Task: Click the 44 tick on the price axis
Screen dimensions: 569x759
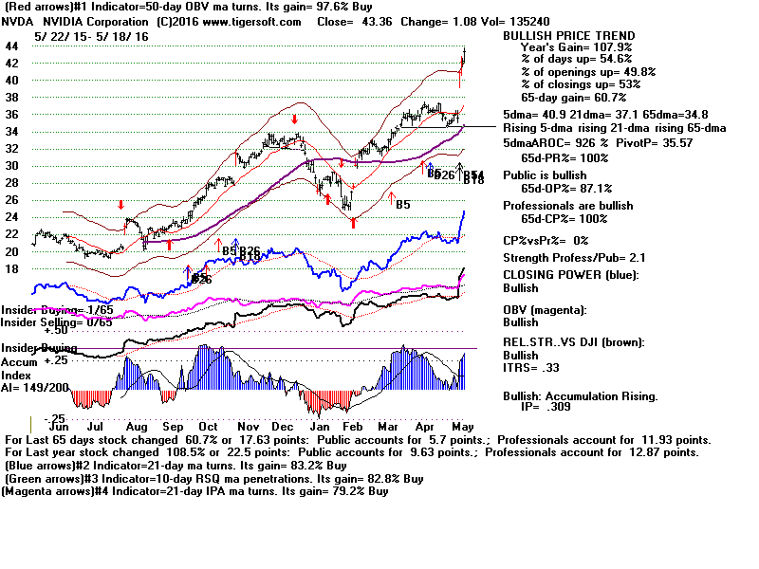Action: coord(12,46)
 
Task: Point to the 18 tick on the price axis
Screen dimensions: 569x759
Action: coord(12,268)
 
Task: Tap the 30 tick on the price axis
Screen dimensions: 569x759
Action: coord(12,165)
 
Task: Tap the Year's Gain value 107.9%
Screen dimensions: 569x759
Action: coord(613,48)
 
